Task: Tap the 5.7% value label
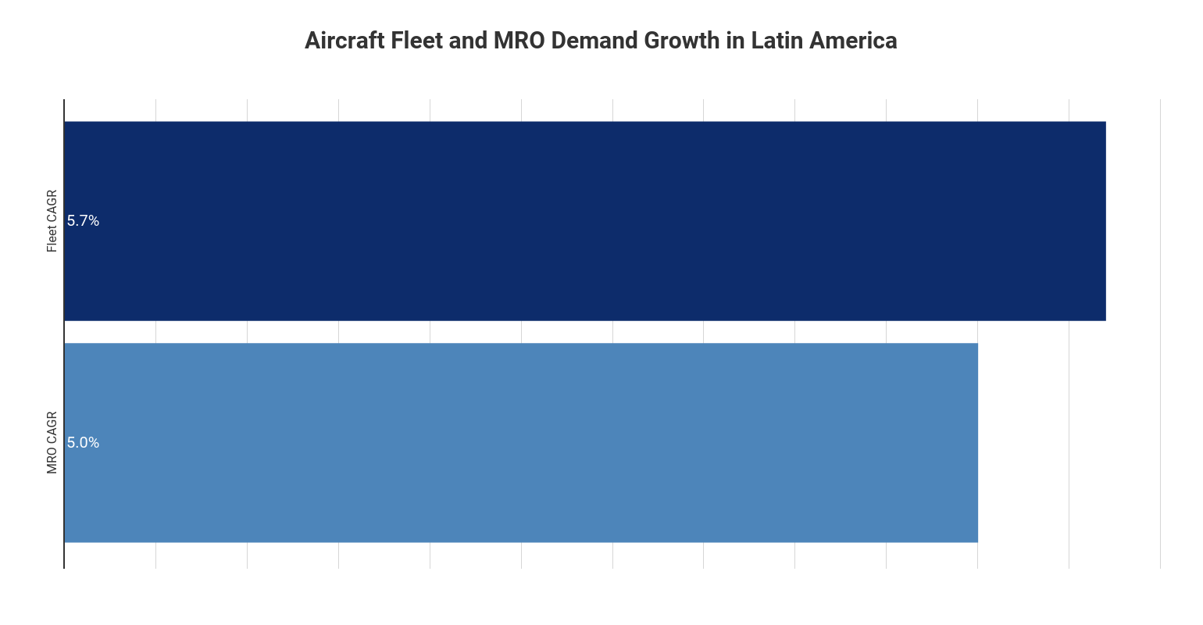83,221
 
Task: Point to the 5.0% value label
83,443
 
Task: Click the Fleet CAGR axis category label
52,220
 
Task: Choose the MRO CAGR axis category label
52,442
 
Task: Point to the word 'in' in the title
735,41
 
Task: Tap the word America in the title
853,41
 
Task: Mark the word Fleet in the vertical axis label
52,238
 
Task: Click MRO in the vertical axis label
52,461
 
